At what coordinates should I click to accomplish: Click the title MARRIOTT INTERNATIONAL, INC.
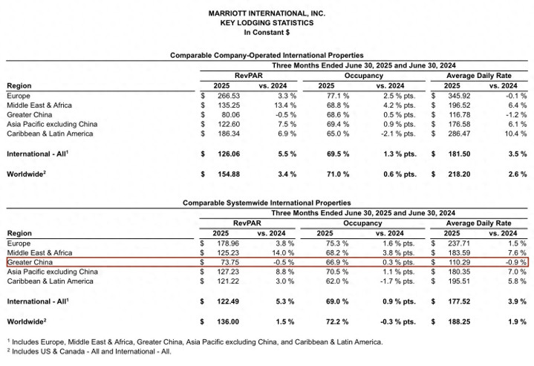(267, 13)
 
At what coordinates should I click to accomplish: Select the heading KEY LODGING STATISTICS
(267, 23)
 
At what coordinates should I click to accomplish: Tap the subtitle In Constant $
(267, 33)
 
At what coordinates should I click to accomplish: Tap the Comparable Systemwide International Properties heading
(267, 202)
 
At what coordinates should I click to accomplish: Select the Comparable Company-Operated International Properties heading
(267, 56)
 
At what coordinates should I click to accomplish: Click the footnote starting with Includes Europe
(196, 342)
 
